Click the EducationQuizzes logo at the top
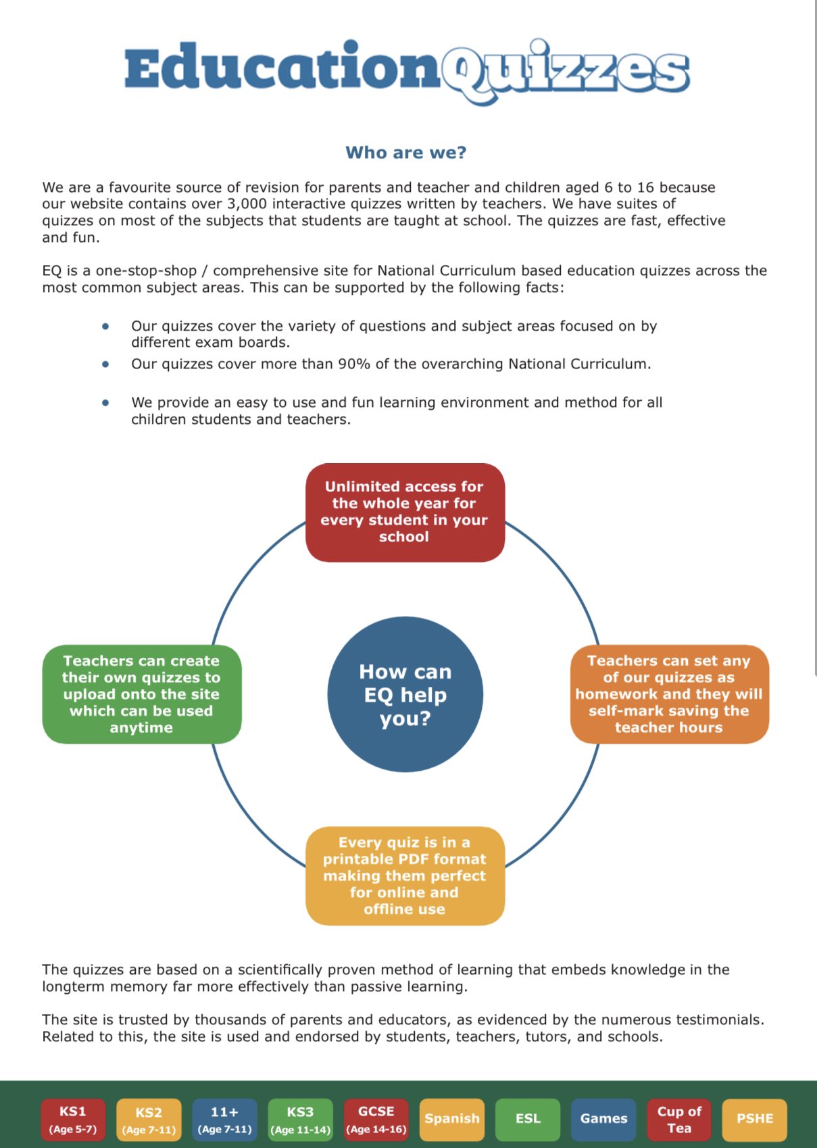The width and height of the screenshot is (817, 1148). coord(407,70)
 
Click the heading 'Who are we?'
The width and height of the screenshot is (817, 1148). coord(405,153)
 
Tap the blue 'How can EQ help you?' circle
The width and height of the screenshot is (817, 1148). coord(405,694)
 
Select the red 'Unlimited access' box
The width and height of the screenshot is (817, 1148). coord(405,512)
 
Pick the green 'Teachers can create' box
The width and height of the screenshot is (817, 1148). coord(142,694)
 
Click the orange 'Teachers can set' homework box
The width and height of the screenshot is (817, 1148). coord(669,694)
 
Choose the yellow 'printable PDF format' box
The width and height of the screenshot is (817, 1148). coord(405,876)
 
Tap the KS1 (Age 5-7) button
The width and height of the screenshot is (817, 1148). coord(73,1120)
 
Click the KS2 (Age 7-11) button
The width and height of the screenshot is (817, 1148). coord(149,1120)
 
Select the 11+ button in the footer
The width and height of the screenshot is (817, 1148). coord(224,1120)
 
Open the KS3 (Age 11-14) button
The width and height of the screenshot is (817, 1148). coord(300,1120)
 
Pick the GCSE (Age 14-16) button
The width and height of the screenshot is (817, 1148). coord(376,1120)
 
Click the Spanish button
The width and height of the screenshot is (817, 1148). coord(452,1119)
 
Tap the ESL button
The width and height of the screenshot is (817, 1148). coord(528,1119)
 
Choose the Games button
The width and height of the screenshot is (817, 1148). coord(603,1119)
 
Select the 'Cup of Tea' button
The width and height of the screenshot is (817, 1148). coord(679,1120)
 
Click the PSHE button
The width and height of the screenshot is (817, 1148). coord(755,1119)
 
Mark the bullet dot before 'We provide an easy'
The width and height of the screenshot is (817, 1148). coord(105,402)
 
